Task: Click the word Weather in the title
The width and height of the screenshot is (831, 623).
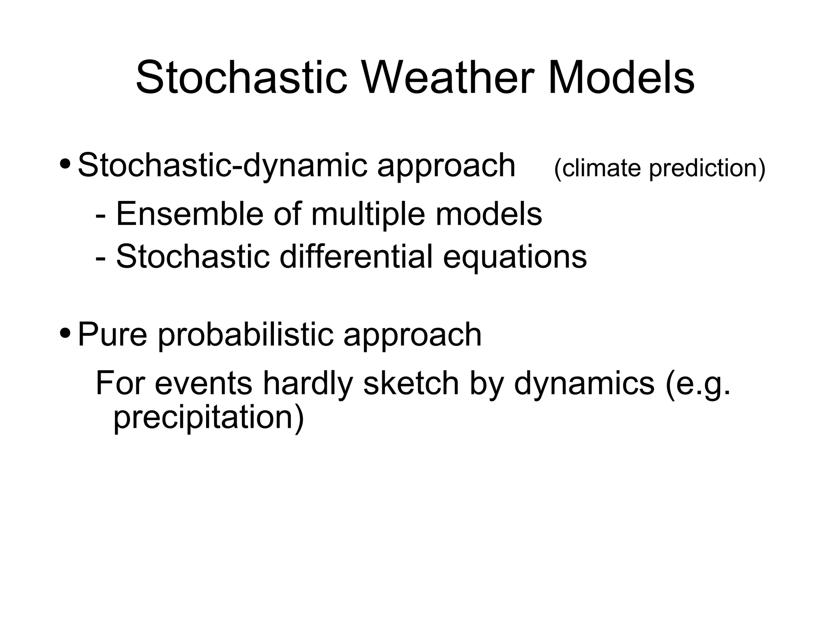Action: coord(451,77)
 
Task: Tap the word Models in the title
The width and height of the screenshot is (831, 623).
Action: coord(621,77)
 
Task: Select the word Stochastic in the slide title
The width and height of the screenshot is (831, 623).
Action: coord(241,77)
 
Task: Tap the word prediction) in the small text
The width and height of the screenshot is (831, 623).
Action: coord(707,168)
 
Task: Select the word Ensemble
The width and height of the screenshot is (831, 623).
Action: coord(189,214)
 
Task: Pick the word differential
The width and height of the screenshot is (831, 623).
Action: coord(356,257)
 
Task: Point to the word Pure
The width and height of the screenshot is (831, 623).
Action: coord(112,334)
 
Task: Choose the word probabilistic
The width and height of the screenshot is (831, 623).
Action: coord(245,334)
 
